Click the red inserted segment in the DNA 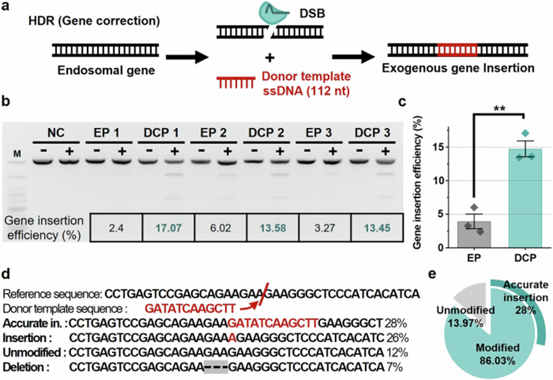457,48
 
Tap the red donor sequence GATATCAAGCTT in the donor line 183,308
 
